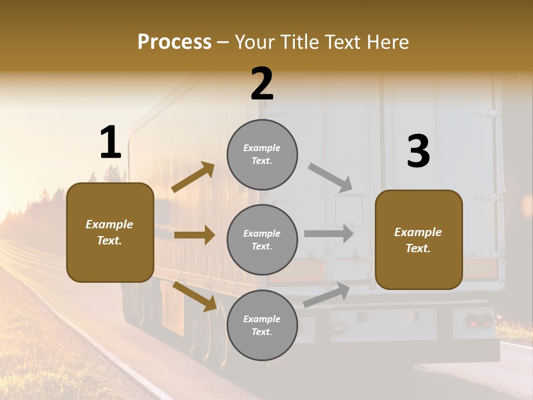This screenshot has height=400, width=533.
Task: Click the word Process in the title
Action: pyautogui.click(x=174, y=42)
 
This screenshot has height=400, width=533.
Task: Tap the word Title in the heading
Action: pyautogui.click(x=298, y=42)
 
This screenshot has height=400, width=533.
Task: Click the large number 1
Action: pyautogui.click(x=110, y=143)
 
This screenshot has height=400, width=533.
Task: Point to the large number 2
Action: pyautogui.click(x=262, y=84)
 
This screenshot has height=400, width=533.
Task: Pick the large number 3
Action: pyautogui.click(x=418, y=152)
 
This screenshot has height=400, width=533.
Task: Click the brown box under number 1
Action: pyautogui.click(x=110, y=232)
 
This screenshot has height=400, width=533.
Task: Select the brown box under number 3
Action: pyautogui.click(x=419, y=240)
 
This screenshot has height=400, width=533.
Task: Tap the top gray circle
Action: pyautogui.click(x=262, y=154)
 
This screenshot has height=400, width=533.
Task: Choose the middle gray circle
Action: pyautogui.click(x=262, y=239)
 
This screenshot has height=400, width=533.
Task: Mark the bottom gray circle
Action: pyautogui.click(x=262, y=325)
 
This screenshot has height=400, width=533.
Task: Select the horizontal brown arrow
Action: pyautogui.click(x=194, y=235)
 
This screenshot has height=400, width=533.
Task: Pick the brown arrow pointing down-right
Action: pyautogui.click(x=194, y=296)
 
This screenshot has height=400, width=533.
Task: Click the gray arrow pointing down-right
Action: pyautogui.click(x=330, y=178)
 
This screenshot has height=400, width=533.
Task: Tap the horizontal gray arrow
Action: pyautogui.click(x=329, y=233)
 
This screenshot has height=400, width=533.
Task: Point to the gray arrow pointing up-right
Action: pyautogui.click(x=326, y=295)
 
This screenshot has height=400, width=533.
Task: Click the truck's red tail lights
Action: pyautogui.click(x=479, y=320)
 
